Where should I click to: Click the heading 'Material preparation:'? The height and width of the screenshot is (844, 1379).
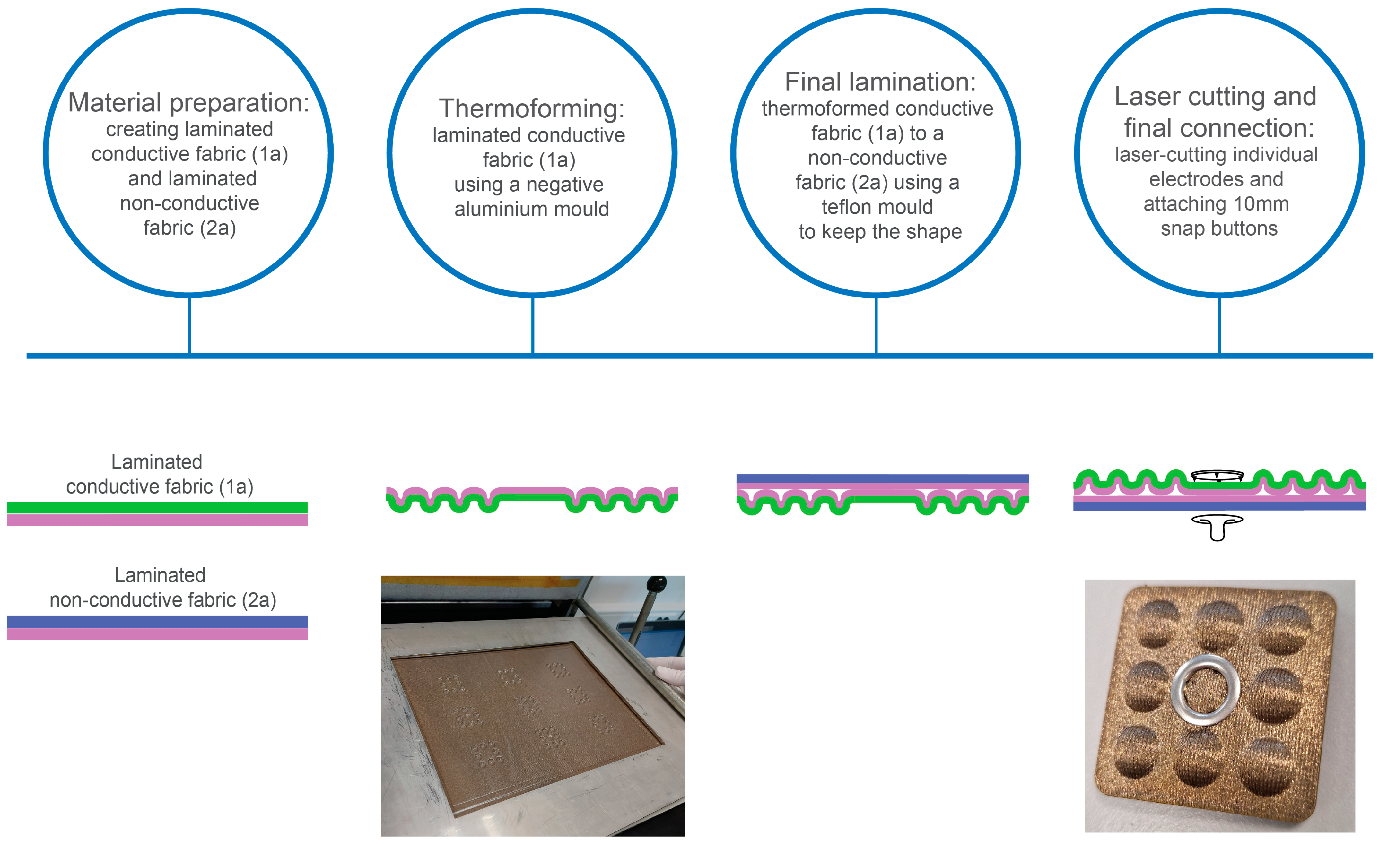pyautogui.click(x=188, y=103)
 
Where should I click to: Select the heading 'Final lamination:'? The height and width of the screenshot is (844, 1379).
pyautogui.click(x=880, y=82)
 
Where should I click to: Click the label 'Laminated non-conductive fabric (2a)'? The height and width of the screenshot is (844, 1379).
pyautogui.click(x=162, y=587)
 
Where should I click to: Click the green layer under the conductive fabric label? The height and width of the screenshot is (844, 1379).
pyautogui.click(x=157, y=507)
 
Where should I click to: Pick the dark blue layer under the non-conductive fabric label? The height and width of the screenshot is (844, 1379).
pyautogui.click(x=157, y=621)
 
